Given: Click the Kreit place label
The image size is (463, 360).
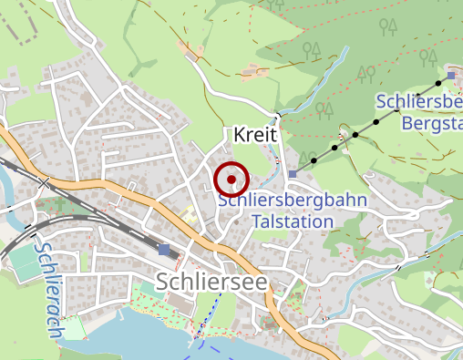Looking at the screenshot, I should click(254, 135).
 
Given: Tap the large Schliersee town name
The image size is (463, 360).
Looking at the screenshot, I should click(211, 282).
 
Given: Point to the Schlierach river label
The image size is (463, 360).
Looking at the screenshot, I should click(47, 289).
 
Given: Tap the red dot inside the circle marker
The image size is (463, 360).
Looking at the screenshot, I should click(231, 180).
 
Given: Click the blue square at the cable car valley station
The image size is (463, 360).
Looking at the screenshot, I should click(292, 173).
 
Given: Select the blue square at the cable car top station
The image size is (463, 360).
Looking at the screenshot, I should click(453, 74).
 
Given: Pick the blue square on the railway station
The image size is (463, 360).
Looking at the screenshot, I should click(163, 249).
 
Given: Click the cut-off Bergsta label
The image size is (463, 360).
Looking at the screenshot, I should click(432, 121).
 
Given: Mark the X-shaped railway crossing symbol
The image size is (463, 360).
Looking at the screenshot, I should click(43, 183).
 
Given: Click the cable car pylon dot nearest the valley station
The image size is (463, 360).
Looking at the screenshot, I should click(314, 160).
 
